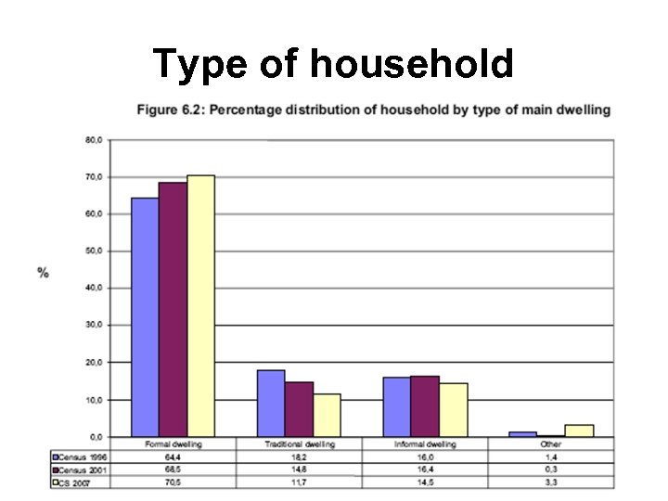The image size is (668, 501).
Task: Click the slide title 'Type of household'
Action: click(x=333, y=64)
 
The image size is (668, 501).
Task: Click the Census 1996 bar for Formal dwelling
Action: click(x=145, y=316)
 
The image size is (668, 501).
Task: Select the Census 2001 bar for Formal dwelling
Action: click(x=173, y=309)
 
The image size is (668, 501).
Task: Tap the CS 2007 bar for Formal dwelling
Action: click(x=200, y=305)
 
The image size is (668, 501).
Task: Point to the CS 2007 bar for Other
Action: click(x=579, y=430)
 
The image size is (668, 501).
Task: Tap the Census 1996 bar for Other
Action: click(x=523, y=433)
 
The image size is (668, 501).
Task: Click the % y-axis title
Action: click(x=44, y=273)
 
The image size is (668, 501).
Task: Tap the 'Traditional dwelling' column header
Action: click(x=299, y=444)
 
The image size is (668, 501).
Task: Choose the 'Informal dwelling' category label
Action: click(x=425, y=444)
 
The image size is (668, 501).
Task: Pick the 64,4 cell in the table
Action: click(x=173, y=456)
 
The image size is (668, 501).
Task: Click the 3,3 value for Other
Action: click(x=551, y=482)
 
